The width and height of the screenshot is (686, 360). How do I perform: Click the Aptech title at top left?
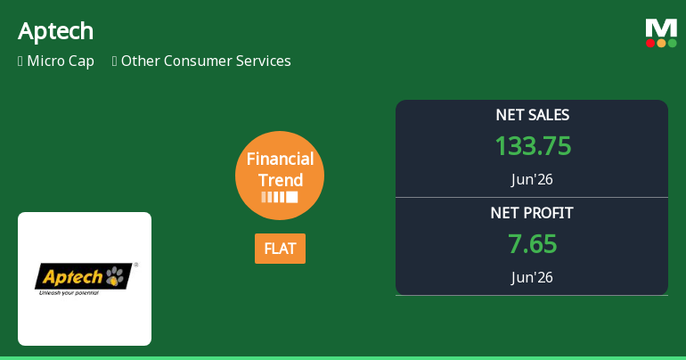(55, 31)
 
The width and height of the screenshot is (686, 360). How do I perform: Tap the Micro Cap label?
(61, 61)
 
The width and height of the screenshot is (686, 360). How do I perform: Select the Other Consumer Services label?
(206, 61)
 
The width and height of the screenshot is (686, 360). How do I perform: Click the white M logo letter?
(661, 29)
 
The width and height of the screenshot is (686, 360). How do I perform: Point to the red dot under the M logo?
(650, 43)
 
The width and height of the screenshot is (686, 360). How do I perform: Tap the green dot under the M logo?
(672, 43)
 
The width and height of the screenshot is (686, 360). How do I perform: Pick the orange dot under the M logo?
(661, 43)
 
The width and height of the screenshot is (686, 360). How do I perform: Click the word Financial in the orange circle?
(280, 159)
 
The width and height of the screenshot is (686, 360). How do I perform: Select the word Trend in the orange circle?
(281, 180)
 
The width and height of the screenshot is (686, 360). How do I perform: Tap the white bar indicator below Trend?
(280, 197)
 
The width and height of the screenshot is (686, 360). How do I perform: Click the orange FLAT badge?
(280, 249)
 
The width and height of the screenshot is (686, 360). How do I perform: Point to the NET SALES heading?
(532, 115)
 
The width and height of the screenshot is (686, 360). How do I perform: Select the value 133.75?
(533, 145)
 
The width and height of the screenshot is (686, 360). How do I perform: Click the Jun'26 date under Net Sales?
(532, 179)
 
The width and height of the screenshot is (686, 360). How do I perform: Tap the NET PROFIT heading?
(532, 213)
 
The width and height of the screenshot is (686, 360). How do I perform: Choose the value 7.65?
(532, 243)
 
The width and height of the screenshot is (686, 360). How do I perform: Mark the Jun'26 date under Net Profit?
(532, 277)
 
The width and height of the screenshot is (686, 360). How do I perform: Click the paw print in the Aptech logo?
(115, 275)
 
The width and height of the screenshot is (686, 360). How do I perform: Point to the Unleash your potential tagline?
(69, 292)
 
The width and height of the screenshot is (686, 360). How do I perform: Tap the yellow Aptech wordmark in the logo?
(73, 277)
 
